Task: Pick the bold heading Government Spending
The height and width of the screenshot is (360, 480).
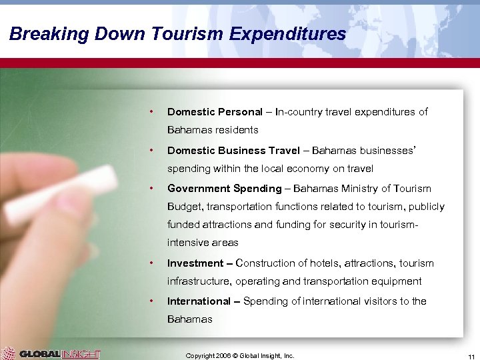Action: (x=225, y=189)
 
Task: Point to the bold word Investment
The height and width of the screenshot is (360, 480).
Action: (x=195, y=263)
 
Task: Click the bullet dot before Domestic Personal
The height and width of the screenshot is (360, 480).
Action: (x=153, y=111)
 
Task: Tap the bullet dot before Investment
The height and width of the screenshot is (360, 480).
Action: (x=153, y=263)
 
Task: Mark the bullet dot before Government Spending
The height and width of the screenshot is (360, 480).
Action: (x=153, y=188)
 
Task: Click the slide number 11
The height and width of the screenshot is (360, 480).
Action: (x=470, y=356)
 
